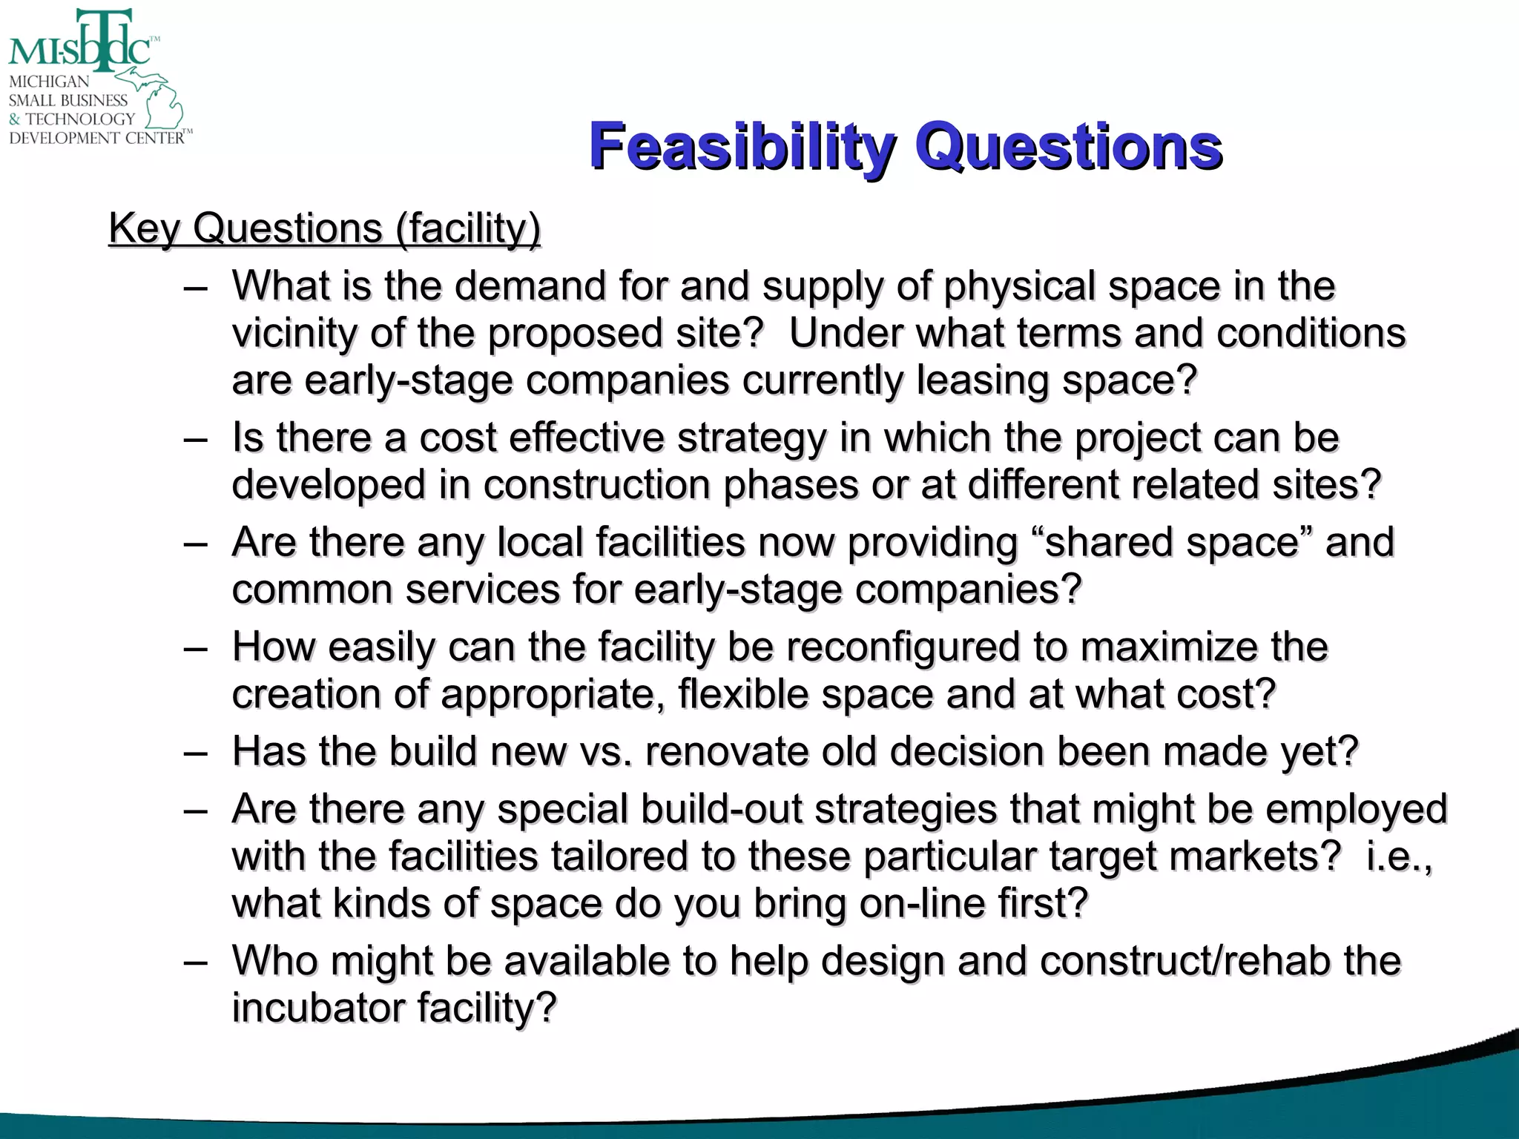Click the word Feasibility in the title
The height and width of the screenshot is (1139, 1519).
pyautogui.click(x=742, y=147)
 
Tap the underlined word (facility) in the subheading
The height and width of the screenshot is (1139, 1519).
pyautogui.click(x=468, y=228)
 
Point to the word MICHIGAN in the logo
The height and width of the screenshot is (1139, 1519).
pyautogui.click(x=49, y=82)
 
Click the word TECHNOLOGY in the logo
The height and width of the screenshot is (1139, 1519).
pyautogui.click(x=80, y=119)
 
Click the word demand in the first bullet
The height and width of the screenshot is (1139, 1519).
pyautogui.click(x=530, y=286)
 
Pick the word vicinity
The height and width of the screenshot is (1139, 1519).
pyautogui.click(x=294, y=334)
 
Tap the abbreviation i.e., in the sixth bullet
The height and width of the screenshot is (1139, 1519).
pyautogui.click(x=1399, y=856)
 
